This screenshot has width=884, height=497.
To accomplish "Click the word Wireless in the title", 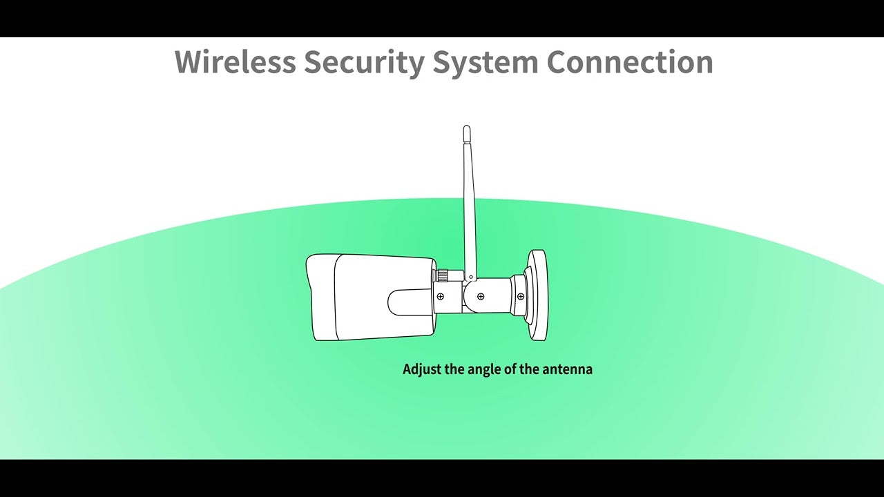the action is (236, 61).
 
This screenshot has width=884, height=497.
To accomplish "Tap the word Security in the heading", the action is (364, 63).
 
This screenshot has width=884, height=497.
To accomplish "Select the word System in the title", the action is (486, 63).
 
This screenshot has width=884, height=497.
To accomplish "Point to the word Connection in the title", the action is (630, 61).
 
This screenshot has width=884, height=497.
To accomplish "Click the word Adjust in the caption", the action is (422, 369).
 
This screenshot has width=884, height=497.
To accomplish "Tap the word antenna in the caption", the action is (567, 369).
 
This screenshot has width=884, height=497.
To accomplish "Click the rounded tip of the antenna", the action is (466, 128).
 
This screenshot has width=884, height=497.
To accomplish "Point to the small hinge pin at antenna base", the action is (470, 277).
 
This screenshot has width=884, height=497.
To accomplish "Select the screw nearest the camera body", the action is (441, 296).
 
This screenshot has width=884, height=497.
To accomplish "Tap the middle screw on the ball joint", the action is (481, 296).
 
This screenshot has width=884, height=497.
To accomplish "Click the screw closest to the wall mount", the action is (521, 296).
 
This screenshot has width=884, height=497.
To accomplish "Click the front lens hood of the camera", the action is (320, 298).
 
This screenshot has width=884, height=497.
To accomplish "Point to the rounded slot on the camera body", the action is (410, 302).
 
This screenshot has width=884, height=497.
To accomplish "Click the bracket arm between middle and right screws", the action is (501, 296).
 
